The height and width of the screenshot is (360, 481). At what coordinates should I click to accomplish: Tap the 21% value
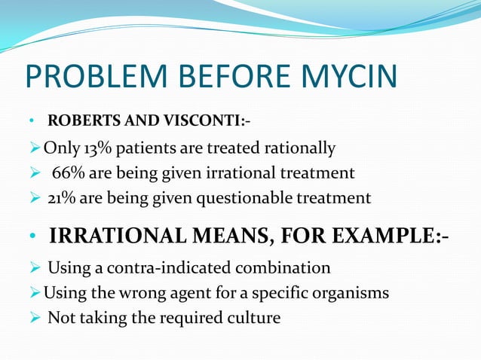tap(62, 198)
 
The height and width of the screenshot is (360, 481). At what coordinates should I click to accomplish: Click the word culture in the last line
tap(255, 318)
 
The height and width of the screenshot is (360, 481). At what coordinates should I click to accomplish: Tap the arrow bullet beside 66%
tap(33, 172)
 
